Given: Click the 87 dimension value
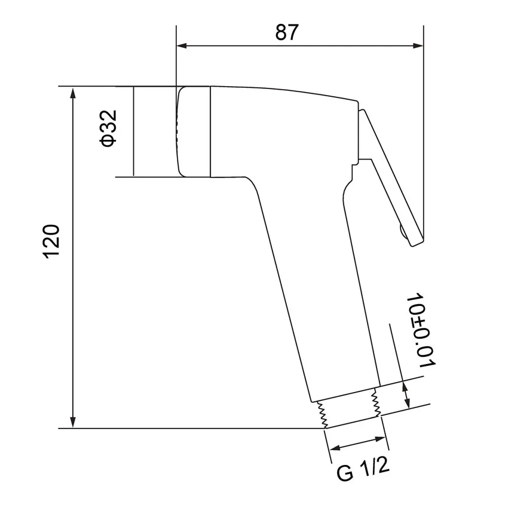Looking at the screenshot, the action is [x=286, y=32].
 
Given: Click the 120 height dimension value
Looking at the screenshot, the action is [x=51, y=241].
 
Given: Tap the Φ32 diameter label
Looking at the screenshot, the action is [x=108, y=128].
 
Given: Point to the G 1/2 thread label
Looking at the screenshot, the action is [x=363, y=469].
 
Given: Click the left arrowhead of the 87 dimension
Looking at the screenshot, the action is [x=182, y=45].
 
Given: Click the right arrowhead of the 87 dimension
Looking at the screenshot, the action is [x=418, y=45].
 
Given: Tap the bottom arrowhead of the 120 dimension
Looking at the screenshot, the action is [x=73, y=422].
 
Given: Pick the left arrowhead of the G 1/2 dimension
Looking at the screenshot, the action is [x=334, y=448].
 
